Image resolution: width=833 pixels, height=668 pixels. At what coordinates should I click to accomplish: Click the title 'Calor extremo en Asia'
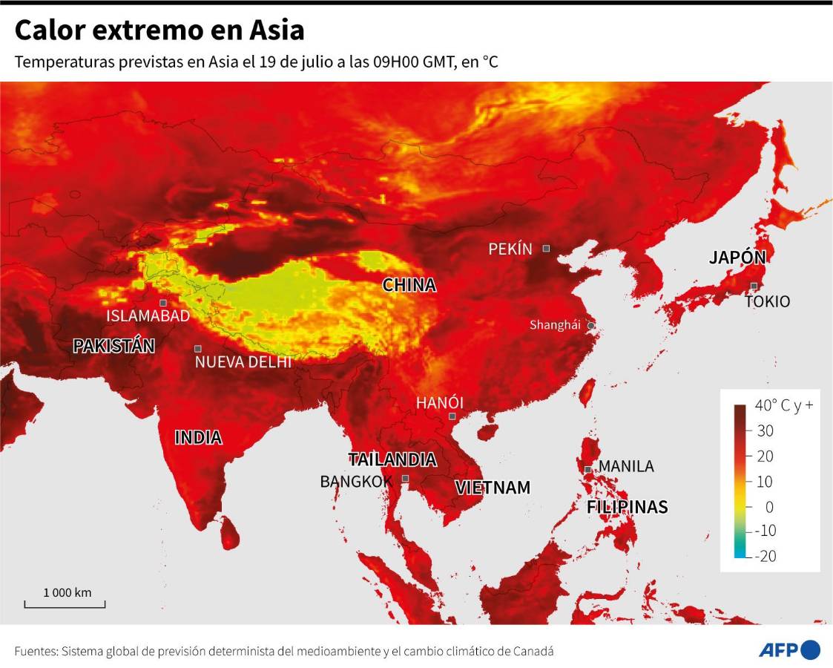pyautogui.click(x=159, y=30)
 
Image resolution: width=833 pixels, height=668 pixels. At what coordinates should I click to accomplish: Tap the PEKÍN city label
pyautogui.click(x=510, y=249)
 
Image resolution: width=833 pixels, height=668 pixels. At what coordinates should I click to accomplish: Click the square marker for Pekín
pyautogui.click(x=546, y=248)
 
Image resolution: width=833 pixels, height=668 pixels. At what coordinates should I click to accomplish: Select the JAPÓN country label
pyautogui.click(x=737, y=258)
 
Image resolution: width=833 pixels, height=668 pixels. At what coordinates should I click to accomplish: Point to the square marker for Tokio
pyautogui.click(x=754, y=286)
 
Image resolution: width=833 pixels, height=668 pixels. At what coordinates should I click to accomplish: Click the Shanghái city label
pyautogui.click(x=555, y=325)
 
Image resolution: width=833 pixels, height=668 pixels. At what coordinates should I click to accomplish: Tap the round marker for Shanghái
pyautogui.click(x=591, y=325)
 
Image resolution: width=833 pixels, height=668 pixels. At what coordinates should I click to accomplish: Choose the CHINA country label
pyautogui.click(x=409, y=285)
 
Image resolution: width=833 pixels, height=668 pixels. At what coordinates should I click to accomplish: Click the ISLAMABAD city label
pyautogui.click(x=148, y=315)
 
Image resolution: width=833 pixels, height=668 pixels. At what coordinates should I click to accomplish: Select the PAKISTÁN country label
pyautogui.click(x=113, y=345)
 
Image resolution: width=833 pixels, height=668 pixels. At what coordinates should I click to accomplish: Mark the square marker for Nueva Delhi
pyautogui.click(x=198, y=348)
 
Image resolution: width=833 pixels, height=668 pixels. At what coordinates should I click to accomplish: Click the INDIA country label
pyautogui.click(x=198, y=438)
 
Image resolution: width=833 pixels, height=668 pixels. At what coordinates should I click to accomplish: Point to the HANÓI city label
pyautogui.click(x=439, y=402)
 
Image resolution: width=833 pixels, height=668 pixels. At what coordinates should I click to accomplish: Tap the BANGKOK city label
pyautogui.click(x=355, y=482)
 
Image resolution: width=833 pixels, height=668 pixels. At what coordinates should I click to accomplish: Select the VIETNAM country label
pyautogui.click(x=493, y=488)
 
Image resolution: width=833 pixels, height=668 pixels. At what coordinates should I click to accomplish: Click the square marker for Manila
pyautogui.click(x=587, y=469)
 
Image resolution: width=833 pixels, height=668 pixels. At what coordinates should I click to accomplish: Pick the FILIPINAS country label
pyautogui.click(x=627, y=507)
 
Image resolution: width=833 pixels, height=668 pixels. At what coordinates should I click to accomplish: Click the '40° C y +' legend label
pyautogui.click(x=783, y=405)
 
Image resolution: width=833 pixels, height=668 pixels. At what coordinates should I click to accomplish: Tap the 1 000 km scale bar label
pyautogui.click(x=67, y=592)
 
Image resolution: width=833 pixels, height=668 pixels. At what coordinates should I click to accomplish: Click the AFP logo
pyautogui.click(x=788, y=649)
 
